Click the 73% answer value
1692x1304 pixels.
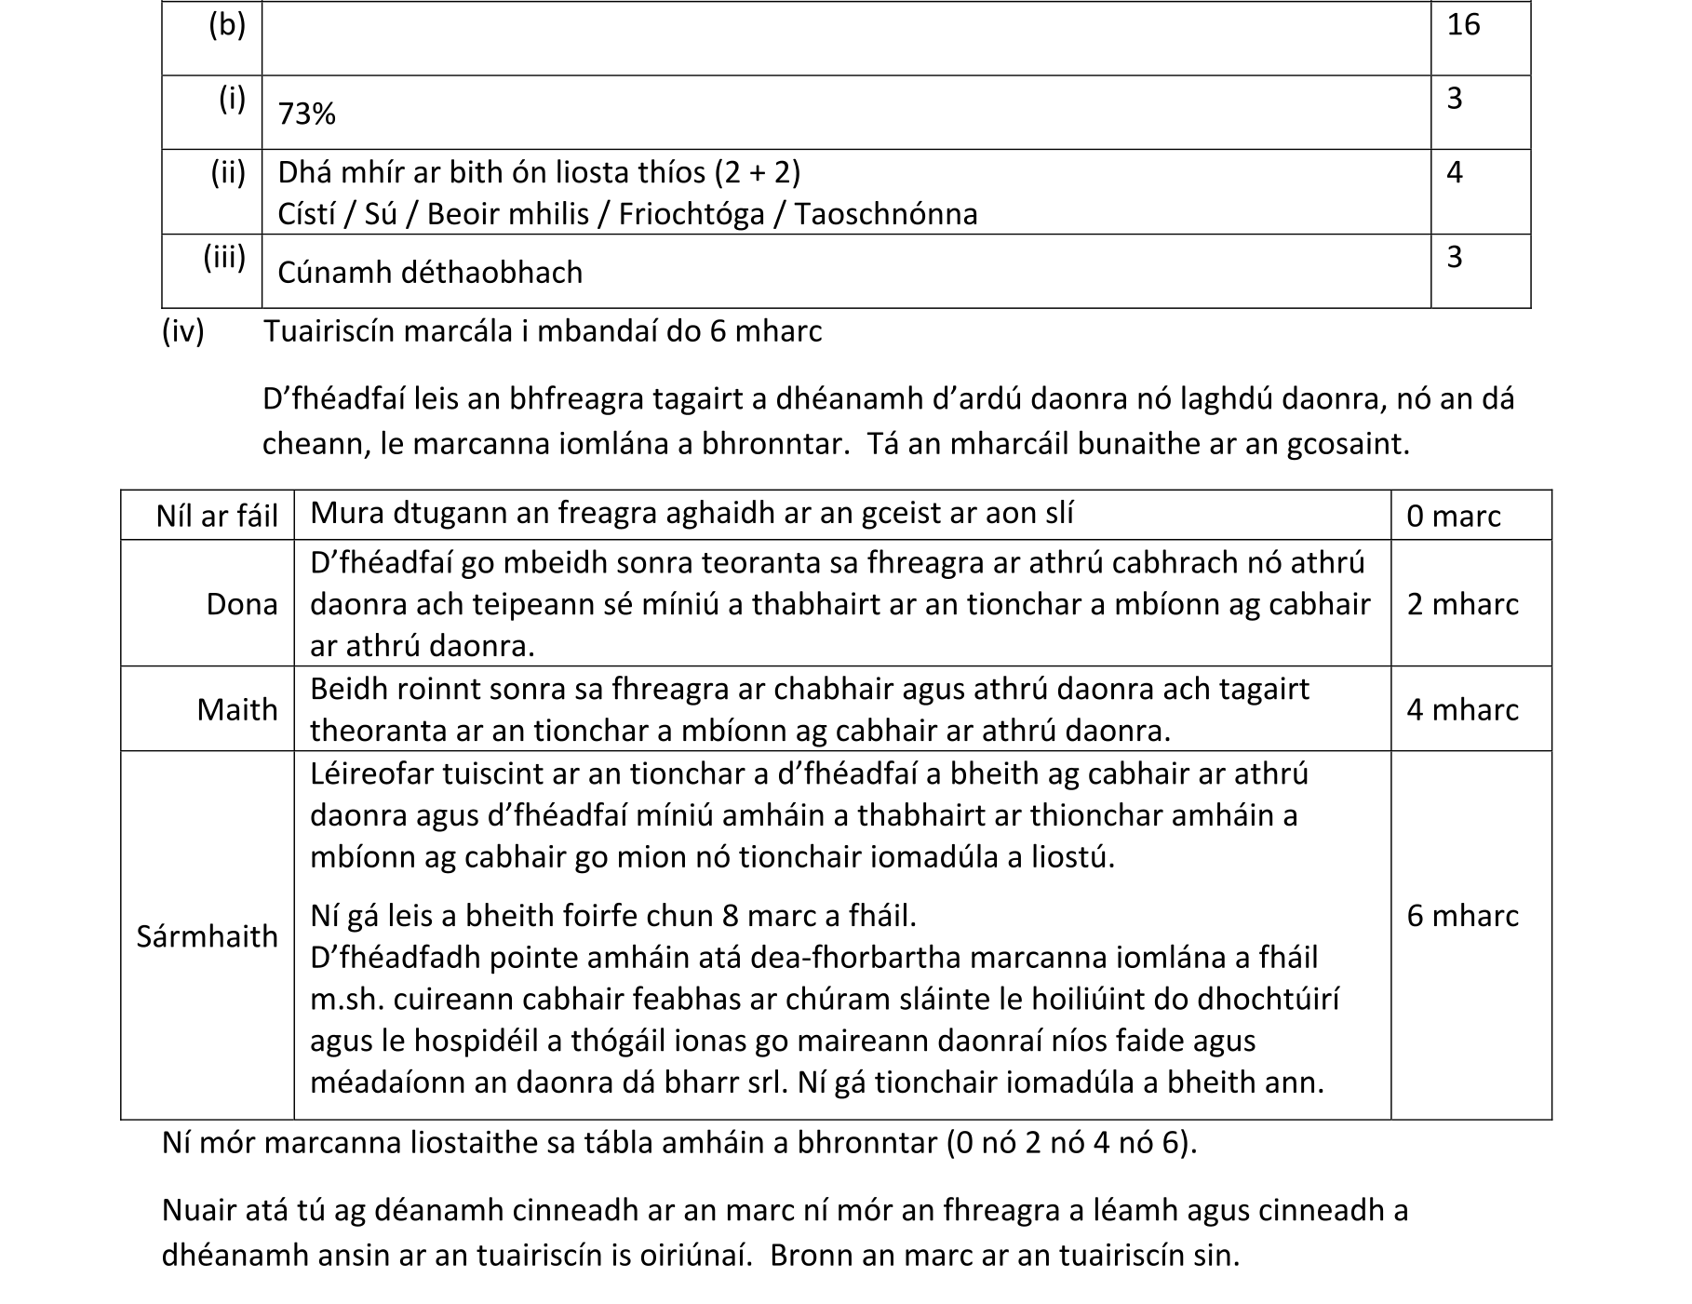[x=306, y=114]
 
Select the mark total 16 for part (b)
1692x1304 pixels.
[x=1463, y=25]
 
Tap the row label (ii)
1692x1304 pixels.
[x=228, y=172]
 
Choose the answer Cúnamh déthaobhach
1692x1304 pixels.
[x=430, y=273]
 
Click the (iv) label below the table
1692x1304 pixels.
[x=182, y=331]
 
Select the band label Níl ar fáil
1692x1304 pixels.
[x=217, y=516]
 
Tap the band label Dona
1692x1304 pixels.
[x=242, y=604]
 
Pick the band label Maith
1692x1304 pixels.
[x=237, y=709]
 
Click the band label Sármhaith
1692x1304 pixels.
[x=207, y=935]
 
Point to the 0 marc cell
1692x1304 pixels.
[x=1453, y=516]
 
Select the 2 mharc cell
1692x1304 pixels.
[x=1462, y=604]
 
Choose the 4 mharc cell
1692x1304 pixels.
[x=1462, y=709]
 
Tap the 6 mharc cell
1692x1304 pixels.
[x=1462, y=916]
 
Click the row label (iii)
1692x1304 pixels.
[x=224, y=257]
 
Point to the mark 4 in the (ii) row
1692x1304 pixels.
[x=1455, y=172]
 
